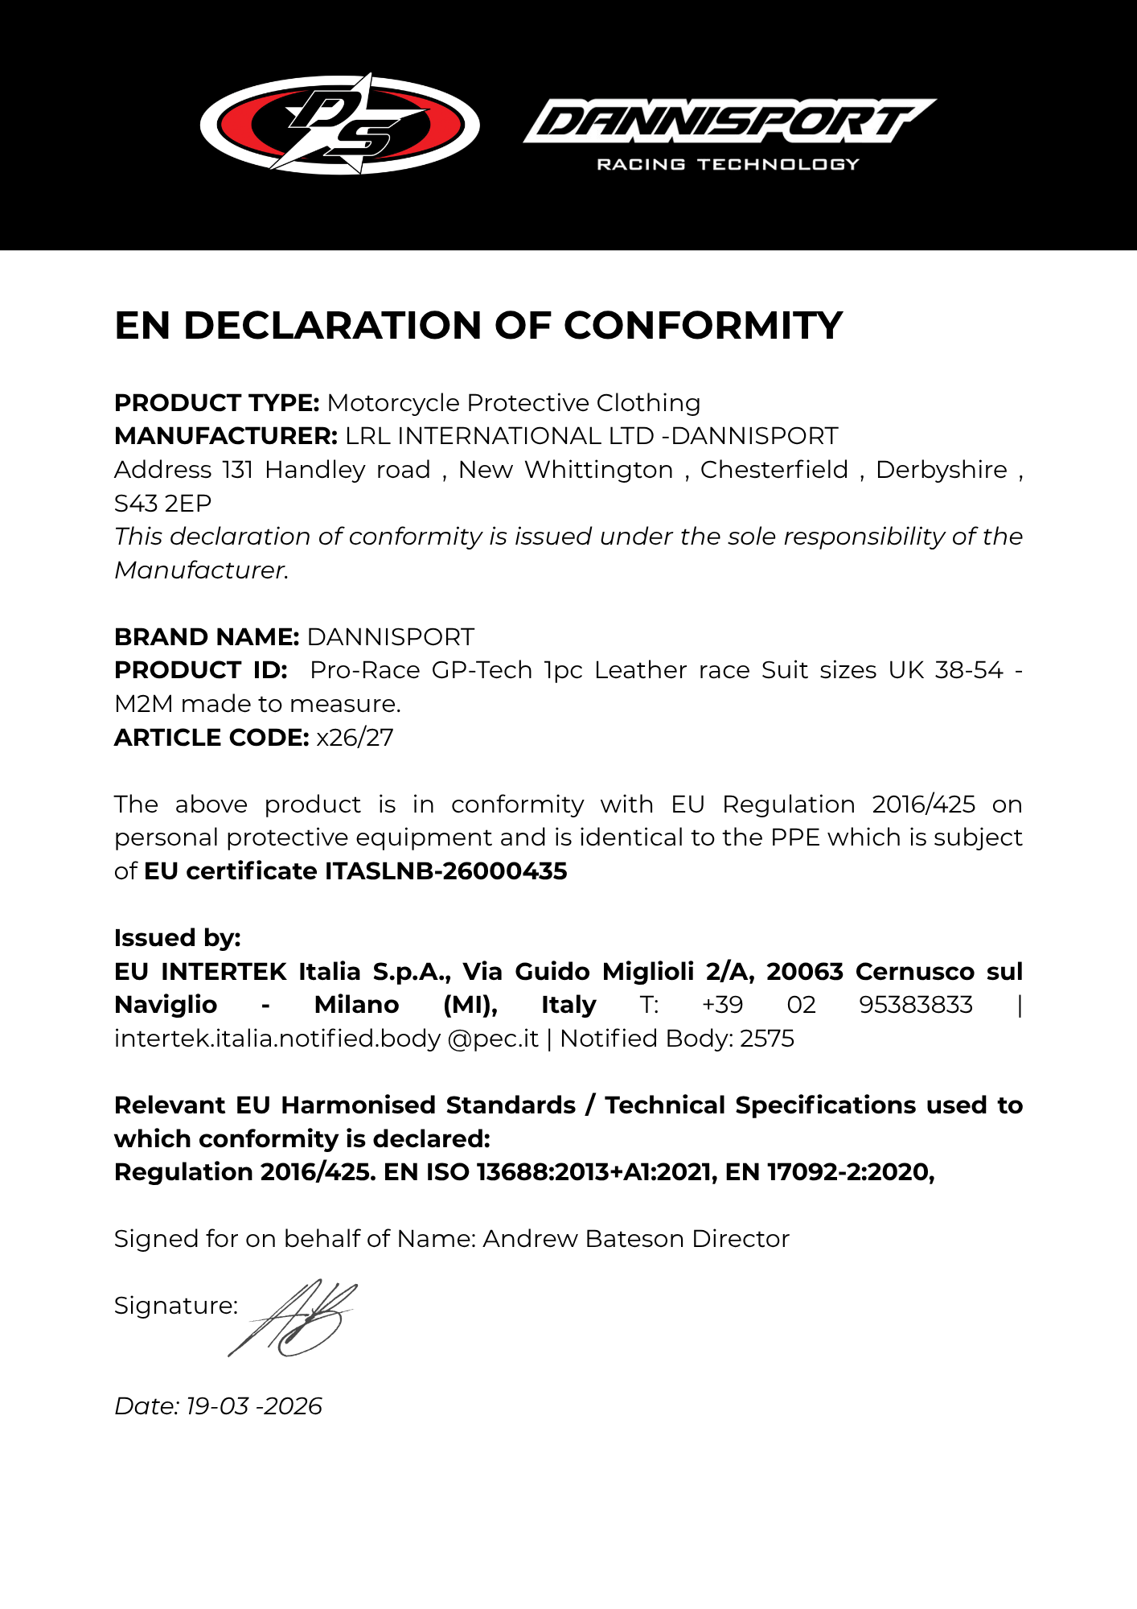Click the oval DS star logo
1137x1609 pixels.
pyautogui.click(x=339, y=125)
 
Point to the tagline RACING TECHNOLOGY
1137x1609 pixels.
pyautogui.click(x=728, y=164)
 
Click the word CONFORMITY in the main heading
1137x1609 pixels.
pyautogui.click(x=703, y=326)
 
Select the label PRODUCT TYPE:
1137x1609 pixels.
pyautogui.click(x=217, y=402)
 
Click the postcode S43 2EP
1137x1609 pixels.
pyautogui.click(x=163, y=503)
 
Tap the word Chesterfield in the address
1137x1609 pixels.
pyautogui.click(x=774, y=469)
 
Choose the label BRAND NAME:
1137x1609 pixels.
pyautogui.click(x=207, y=636)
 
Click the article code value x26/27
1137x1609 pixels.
pyautogui.click(x=355, y=737)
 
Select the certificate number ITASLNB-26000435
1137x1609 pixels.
pyautogui.click(x=446, y=870)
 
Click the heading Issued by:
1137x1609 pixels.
pyautogui.click(x=178, y=937)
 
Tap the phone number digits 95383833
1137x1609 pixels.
pyautogui.click(x=916, y=1004)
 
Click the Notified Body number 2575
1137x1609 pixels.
pyautogui.click(x=767, y=1038)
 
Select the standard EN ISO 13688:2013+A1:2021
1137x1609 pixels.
pyautogui.click(x=550, y=1171)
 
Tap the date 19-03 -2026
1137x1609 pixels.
pyautogui.click(x=254, y=1405)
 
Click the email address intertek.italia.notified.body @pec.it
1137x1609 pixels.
pyautogui.click(x=326, y=1038)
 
